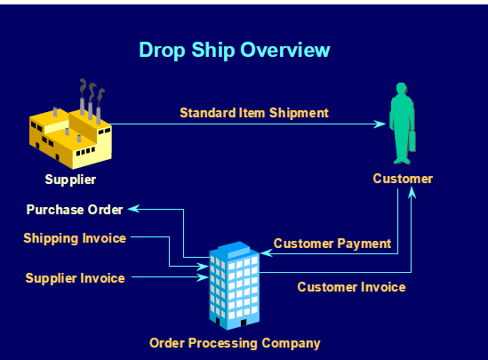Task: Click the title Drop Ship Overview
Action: pos(235,50)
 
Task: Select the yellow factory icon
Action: pos(70,134)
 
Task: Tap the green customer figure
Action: pos(401,124)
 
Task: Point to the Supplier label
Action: pos(70,180)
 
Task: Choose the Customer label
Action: pos(403,179)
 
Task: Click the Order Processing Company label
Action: pos(235,342)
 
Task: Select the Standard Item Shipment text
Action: pos(254,113)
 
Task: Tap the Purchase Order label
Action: pos(75,210)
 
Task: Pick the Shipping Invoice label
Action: pos(75,238)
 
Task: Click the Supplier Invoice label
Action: pos(75,278)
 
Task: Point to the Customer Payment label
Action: pos(332,243)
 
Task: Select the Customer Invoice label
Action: pos(351,287)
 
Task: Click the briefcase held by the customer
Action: pos(412,142)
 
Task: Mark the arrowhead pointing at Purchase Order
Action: pos(132,210)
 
